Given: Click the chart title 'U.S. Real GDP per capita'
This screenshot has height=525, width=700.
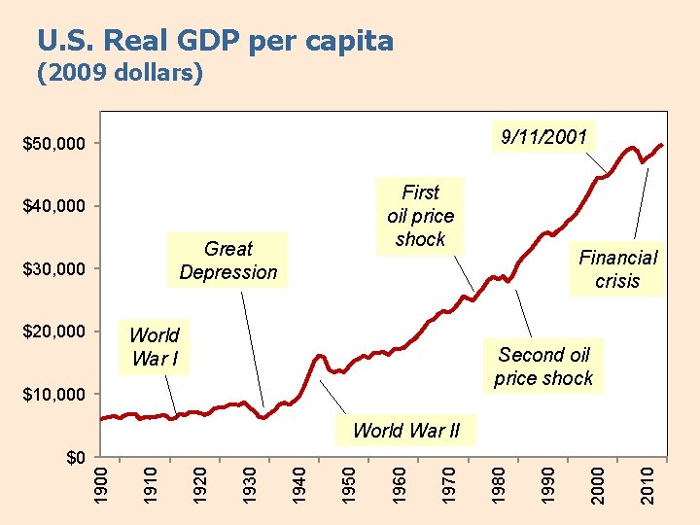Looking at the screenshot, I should [x=215, y=41].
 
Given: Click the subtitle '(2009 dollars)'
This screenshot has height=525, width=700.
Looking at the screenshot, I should [x=120, y=74].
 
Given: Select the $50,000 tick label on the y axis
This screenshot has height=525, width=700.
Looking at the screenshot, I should [x=54, y=144].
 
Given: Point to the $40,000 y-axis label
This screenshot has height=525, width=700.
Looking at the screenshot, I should [x=54, y=206].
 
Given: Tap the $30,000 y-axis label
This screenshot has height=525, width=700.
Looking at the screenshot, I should [x=54, y=268].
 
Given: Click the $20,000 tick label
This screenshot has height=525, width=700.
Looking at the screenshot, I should [x=54, y=332].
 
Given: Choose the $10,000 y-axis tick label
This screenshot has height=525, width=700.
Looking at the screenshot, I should [x=54, y=394].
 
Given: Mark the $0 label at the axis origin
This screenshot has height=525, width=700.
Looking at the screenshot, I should [x=76, y=457].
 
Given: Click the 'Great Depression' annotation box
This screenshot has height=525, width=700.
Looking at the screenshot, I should [x=228, y=261].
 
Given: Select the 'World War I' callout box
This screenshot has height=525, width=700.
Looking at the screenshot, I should [x=154, y=347].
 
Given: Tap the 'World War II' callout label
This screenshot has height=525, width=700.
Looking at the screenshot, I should [x=406, y=430].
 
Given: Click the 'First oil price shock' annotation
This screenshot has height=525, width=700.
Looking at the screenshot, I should [x=420, y=216].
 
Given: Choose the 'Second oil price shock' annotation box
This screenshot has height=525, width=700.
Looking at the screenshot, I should [x=543, y=367].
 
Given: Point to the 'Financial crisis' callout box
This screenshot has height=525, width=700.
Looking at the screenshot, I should [x=618, y=269].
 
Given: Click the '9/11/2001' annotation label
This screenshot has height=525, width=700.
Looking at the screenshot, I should [x=543, y=136].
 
